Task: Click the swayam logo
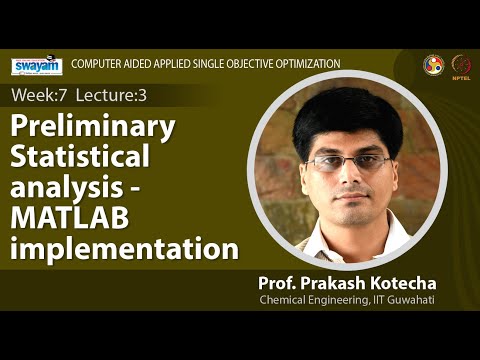tap(37, 66)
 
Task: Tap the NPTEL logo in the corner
tap(462, 64)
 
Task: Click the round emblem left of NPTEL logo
tap(434, 64)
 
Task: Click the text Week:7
tap(37, 96)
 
